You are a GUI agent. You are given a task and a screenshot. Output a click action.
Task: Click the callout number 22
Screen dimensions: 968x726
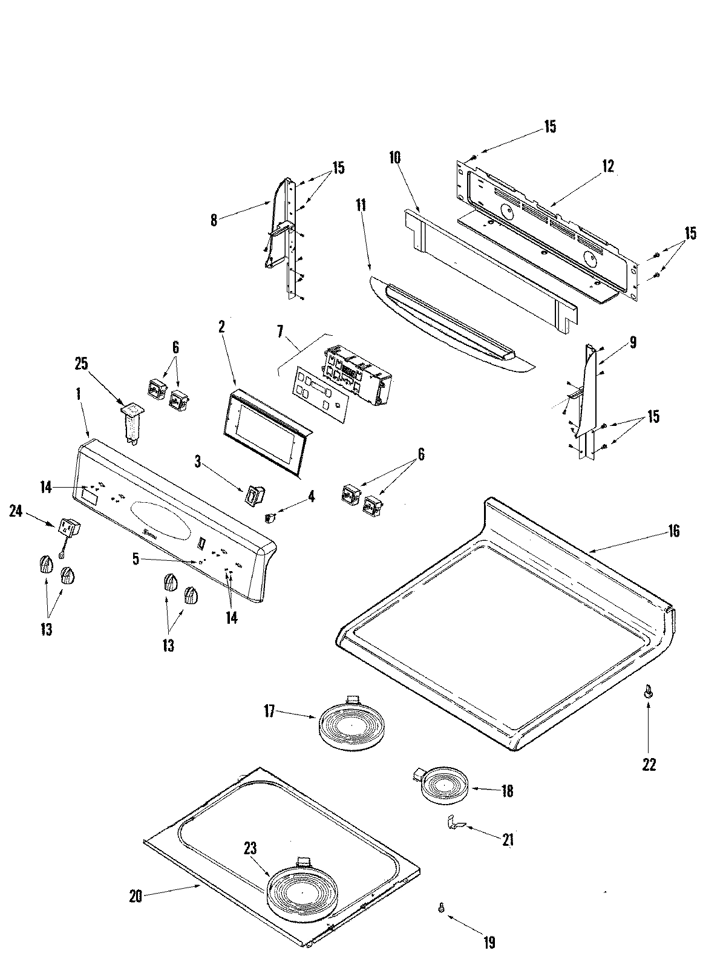pos(649,765)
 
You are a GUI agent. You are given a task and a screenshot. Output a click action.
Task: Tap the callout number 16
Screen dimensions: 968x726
pos(674,531)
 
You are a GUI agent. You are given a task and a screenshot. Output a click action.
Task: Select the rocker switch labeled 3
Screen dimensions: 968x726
pos(252,495)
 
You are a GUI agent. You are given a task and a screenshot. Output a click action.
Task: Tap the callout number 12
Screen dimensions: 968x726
pos(607,166)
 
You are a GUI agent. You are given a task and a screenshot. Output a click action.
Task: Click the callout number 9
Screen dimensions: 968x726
pos(632,343)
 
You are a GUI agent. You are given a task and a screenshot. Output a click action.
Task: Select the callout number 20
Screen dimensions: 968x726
pos(135,896)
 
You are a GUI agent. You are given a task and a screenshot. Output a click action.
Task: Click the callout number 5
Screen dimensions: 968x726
pos(136,559)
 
